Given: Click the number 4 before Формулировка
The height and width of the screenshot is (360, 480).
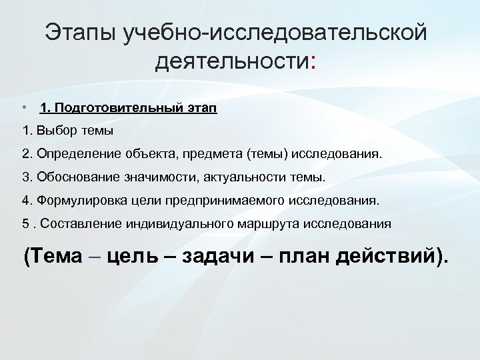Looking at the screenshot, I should tap(25, 201).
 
